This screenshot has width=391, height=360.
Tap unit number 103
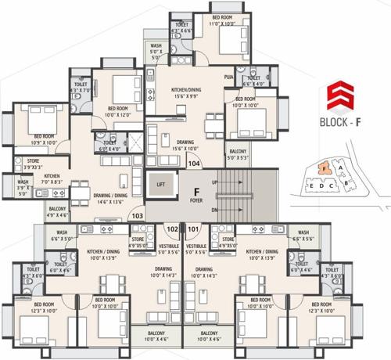(x=138, y=215)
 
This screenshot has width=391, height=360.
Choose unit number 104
(x=193, y=164)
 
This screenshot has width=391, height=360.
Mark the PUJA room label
(x=228, y=78)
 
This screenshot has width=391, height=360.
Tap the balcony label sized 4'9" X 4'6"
(x=57, y=211)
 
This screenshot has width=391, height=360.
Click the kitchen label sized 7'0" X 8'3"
(x=52, y=179)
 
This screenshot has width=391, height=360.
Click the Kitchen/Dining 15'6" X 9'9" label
(x=188, y=94)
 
